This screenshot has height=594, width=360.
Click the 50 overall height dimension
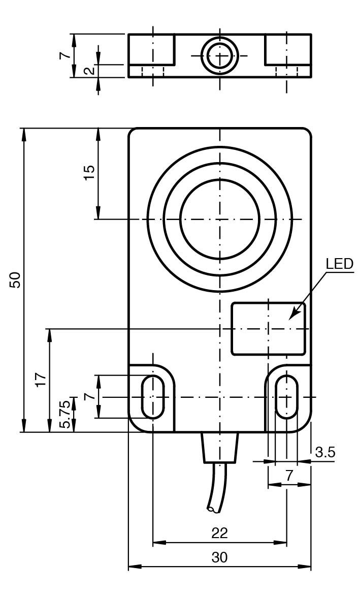coord(17,279)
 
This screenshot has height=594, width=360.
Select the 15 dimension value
coord(89,173)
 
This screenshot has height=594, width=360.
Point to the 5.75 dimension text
coord(66,414)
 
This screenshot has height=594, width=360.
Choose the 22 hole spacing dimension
coord(219,533)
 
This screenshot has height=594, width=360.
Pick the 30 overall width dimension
coord(219,557)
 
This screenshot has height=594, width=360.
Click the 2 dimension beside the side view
coord(89,71)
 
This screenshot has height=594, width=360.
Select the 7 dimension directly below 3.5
coord(289,476)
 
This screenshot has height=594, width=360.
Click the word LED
coord(339,264)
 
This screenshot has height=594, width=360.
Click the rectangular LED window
coord(269,328)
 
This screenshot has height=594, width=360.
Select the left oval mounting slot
coord(152,397)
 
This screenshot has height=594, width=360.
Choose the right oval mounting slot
coord(287,397)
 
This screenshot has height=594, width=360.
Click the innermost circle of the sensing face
coord(219,220)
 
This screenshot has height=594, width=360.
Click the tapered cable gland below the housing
coord(219,447)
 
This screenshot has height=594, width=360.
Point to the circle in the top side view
coord(219,55)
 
